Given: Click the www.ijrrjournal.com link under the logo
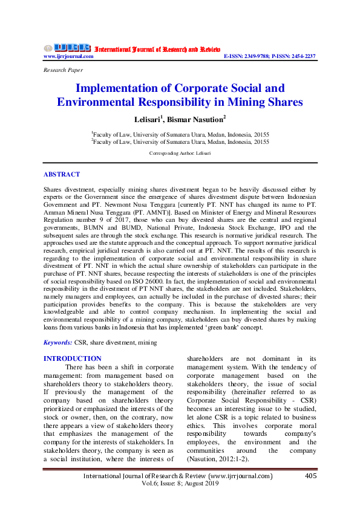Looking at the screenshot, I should click(68, 56).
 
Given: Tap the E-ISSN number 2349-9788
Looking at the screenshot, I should click(262, 56).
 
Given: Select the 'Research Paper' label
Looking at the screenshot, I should click(63, 70).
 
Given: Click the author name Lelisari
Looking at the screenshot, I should click(149, 119).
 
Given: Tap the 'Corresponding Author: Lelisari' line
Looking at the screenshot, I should click(180, 154).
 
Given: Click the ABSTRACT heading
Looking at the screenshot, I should click(61, 174).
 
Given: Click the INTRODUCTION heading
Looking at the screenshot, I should click(73, 358).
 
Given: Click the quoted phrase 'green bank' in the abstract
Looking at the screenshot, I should click(224, 328).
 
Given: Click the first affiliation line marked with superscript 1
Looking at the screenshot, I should click(180, 134).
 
